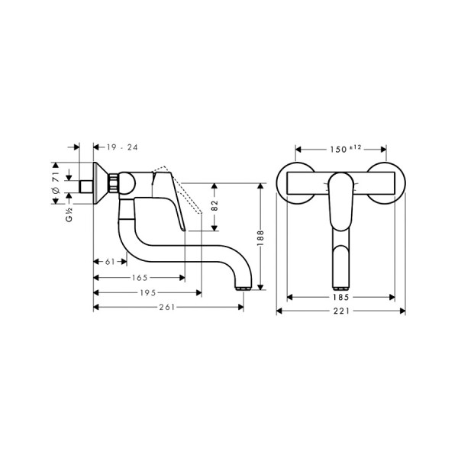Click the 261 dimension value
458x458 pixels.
tap(168, 307)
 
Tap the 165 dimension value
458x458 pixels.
tap(139, 279)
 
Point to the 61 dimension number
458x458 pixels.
tap(109, 262)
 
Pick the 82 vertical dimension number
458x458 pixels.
tap(215, 206)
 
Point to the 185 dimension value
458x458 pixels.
tap(340, 296)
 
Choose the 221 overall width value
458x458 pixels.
tap(340, 311)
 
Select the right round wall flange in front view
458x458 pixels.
tap(390, 183)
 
